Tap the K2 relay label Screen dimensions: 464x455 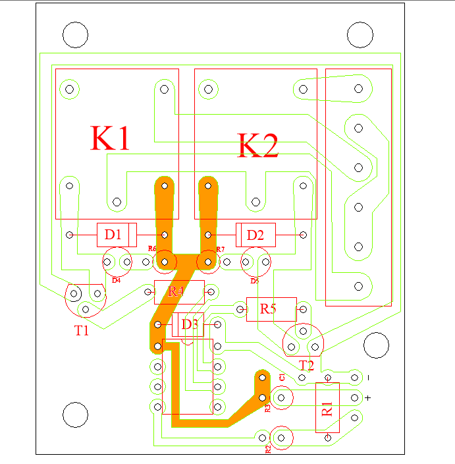coord(258,146)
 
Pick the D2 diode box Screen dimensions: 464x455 coord(255,234)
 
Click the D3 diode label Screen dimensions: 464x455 coord(190,324)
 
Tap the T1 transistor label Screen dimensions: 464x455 coord(81,331)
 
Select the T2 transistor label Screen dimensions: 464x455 coord(307,365)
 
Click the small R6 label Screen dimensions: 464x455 coord(152,248)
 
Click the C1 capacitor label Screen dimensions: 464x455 coord(281,377)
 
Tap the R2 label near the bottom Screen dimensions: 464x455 coord(268,449)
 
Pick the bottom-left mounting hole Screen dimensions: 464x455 coord(74,414)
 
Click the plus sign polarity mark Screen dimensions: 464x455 coord(368,397)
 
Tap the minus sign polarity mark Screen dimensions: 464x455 coord(368,378)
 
